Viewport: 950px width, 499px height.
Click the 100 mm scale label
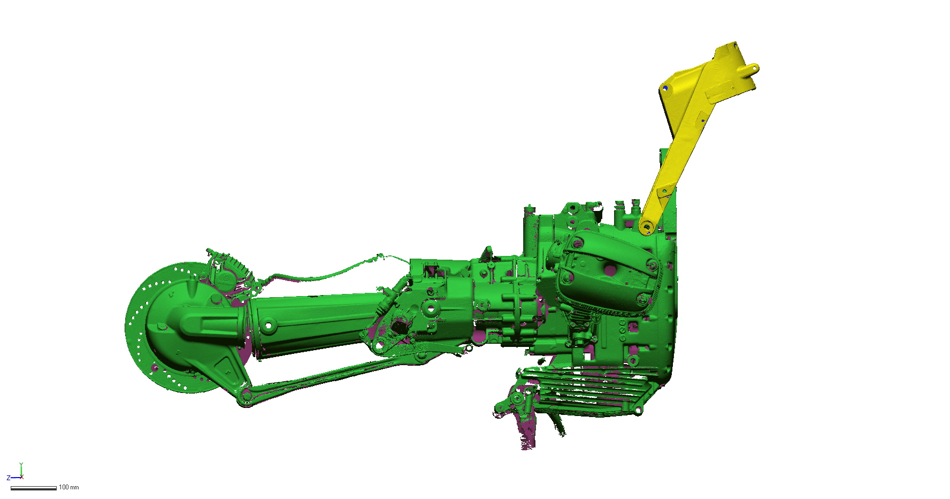tap(68, 487)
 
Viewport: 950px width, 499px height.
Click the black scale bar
tap(33, 488)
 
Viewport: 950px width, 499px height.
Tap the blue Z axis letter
tap(9, 478)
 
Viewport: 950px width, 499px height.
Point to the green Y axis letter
tap(21, 465)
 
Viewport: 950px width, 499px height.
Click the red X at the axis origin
tap(21, 477)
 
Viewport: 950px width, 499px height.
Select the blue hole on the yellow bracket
tap(665, 88)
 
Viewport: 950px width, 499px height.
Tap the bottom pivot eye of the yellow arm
tap(647, 228)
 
